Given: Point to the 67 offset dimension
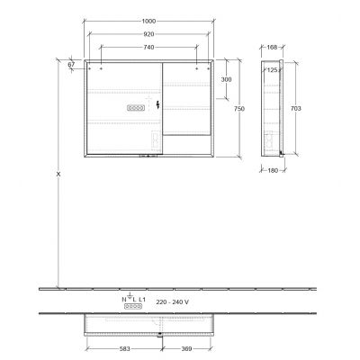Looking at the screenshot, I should point(70,64).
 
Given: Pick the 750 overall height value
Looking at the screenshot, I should point(239,108).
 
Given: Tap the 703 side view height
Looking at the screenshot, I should point(296,107).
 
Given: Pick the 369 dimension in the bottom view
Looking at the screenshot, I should point(184,349).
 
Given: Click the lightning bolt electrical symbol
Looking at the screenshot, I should point(159,106).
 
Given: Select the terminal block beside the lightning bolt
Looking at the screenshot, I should point(137,107).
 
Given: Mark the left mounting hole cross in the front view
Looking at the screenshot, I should point(101,67).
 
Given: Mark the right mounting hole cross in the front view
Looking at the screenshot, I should point(196,67).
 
